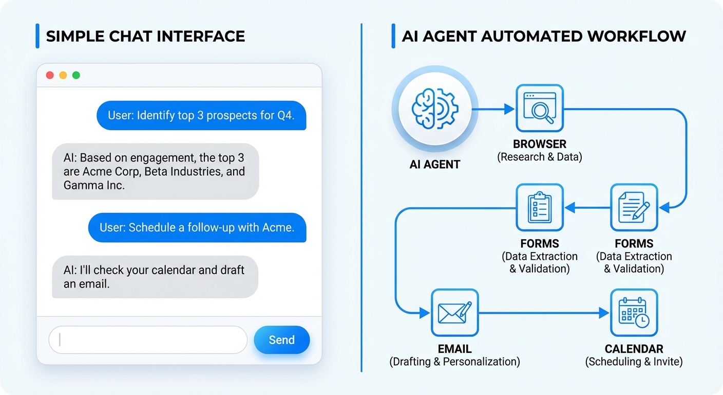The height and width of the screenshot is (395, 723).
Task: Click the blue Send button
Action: point(282,340)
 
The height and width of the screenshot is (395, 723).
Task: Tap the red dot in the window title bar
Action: point(50,75)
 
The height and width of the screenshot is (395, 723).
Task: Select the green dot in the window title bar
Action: point(76,75)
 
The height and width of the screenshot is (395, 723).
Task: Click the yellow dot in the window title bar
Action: point(63,75)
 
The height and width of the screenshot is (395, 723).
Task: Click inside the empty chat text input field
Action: point(148,340)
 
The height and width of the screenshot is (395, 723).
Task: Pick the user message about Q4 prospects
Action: point(201,115)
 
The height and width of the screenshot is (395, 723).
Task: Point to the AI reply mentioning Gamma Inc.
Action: point(156,171)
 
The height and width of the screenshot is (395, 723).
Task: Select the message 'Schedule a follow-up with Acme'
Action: point(197,227)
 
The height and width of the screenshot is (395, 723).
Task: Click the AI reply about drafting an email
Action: point(155,277)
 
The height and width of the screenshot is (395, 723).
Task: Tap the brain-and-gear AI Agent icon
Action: point(434,109)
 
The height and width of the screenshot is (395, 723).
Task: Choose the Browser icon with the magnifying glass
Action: point(539,109)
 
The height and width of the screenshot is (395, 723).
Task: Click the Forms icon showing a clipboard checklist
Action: point(539,207)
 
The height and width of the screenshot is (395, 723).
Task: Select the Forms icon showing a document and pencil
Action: point(634,207)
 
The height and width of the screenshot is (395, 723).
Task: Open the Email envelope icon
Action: point(454,312)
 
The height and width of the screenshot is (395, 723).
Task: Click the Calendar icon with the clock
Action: point(634,312)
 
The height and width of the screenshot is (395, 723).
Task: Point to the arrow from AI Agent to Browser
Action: point(493,109)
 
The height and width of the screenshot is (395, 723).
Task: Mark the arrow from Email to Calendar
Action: point(544,313)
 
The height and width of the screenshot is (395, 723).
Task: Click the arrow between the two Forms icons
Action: point(587,208)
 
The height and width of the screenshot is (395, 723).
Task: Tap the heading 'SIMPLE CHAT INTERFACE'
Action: point(145,36)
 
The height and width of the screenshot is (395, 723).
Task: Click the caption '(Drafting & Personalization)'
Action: point(454,362)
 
